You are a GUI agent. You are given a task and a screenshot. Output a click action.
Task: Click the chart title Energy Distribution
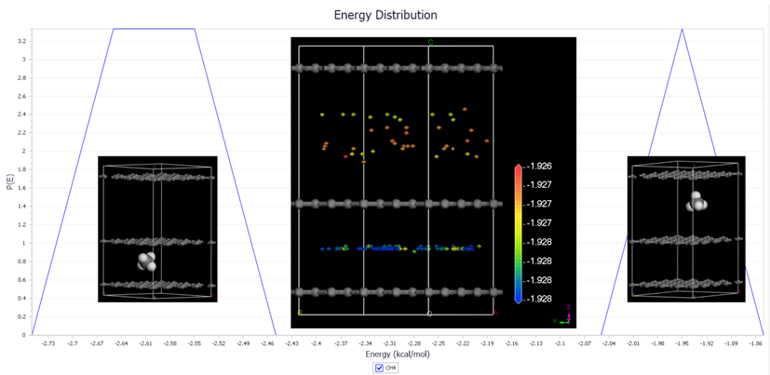pyautogui.click(x=385, y=15)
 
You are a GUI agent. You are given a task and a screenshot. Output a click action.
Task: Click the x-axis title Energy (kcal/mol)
pyautogui.click(x=385, y=355)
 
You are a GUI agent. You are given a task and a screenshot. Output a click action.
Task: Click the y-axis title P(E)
pyautogui.click(x=8, y=181)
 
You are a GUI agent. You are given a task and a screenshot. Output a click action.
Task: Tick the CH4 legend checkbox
pyautogui.click(x=379, y=368)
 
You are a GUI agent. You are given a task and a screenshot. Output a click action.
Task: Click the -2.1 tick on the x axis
pyautogui.click(x=561, y=343)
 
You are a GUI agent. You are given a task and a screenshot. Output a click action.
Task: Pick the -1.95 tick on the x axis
pyautogui.click(x=682, y=343)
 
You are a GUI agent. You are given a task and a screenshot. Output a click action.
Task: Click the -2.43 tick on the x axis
pyautogui.click(x=292, y=343)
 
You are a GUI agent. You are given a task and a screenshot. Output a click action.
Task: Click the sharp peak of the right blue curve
pyautogui.click(x=682, y=30)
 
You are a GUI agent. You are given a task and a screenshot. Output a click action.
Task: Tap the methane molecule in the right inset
pyautogui.click(x=696, y=201)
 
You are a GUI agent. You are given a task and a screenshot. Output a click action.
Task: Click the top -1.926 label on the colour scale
pyautogui.click(x=540, y=166)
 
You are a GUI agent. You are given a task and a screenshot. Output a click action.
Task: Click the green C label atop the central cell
pyautogui.click(x=430, y=42)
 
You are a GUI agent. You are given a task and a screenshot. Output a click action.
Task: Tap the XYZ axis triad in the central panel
pyautogui.click(x=562, y=315)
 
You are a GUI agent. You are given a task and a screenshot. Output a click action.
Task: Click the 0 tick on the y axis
pyautogui.click(x=23, y=334)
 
